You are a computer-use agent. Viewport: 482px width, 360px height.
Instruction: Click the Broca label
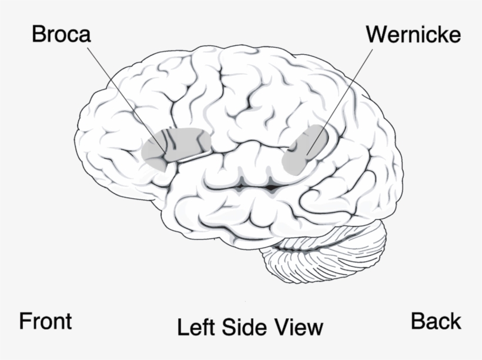pos(61,34)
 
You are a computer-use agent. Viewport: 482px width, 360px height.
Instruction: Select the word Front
pos(45,322)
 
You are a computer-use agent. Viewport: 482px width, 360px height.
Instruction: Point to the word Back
pos(436,322)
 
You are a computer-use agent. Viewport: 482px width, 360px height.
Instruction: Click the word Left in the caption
pos(196,327)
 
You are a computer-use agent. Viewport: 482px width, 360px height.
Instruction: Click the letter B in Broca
pos(38,34)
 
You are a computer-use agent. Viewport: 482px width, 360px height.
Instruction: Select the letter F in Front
pos(25,322)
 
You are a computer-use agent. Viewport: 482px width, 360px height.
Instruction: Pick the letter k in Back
pos(456,322)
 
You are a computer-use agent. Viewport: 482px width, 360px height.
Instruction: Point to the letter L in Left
pos(182,327)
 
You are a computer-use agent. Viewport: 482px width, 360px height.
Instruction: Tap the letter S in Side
pos(227,327)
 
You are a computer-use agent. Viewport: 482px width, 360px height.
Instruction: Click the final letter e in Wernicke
pos(454,36)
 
